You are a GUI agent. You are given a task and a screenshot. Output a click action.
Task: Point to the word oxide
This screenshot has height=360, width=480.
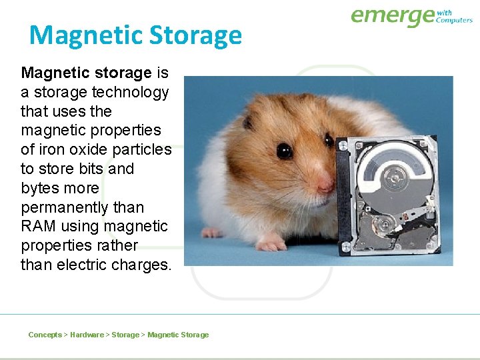coord(90,150)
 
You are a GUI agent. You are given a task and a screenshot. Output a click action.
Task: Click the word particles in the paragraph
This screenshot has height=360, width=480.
coord(142,150)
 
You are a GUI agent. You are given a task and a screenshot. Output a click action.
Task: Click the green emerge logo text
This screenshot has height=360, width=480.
coord(392,16)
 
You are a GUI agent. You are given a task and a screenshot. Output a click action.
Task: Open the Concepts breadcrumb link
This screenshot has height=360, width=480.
coord(45,335)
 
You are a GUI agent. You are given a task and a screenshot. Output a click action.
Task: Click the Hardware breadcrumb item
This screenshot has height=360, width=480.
coord(87,335)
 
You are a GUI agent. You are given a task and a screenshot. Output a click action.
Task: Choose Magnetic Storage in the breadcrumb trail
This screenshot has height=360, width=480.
coord(178,335)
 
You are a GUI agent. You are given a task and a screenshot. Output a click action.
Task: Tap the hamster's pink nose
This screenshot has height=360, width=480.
coord(325,181)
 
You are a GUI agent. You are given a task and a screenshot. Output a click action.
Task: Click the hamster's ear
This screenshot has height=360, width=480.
coord(248,122)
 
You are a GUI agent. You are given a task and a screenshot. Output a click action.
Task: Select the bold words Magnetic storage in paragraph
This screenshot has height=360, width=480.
coord(87,73)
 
